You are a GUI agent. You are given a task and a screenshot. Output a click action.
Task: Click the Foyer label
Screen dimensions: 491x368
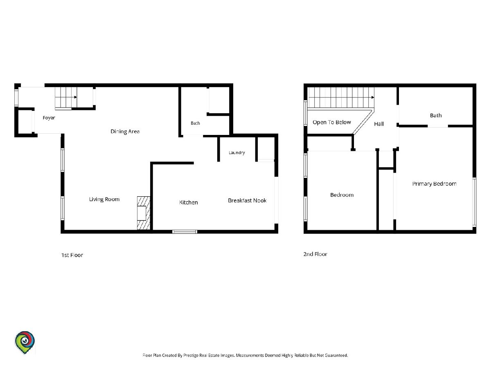click(49, 118)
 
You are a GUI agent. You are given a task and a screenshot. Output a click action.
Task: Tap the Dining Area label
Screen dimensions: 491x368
click(125, 131)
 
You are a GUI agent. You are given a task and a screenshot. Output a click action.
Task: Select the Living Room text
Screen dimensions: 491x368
click(104, 199)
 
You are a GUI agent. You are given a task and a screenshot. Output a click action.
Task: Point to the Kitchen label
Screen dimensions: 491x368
click(188, 202)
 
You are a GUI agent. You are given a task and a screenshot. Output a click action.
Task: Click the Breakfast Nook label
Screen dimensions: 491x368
click(247, 201)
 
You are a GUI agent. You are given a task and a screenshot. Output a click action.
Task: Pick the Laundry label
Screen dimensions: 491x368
click(236, 153)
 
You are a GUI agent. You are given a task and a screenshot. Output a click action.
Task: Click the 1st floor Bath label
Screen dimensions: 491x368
click(195, 123)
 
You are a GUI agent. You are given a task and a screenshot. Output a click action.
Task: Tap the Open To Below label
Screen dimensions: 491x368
click(332, 122)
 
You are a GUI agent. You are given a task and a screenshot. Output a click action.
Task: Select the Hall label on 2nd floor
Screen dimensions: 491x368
click(379, 124)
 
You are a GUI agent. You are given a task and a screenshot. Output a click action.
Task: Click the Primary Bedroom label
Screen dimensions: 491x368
click(434, 184)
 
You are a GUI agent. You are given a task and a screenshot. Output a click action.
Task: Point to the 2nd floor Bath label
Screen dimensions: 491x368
click(436, 116)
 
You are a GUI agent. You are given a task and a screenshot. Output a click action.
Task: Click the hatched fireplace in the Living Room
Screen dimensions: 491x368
click(143, 213)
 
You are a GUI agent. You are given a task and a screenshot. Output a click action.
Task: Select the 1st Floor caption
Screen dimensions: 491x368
click(72, 255)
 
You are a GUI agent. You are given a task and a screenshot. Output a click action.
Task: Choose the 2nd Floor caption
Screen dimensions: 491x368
click(315, 254)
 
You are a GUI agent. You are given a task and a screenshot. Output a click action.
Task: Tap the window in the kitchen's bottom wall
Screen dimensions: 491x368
click(185, 232)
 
